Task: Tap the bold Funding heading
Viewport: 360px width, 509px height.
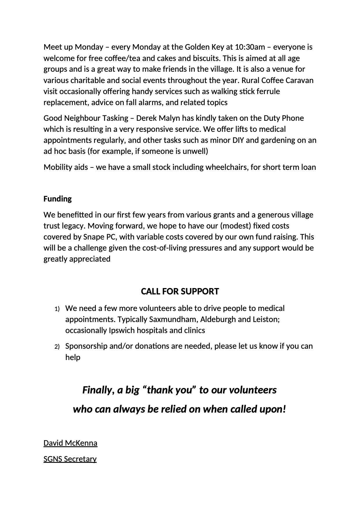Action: [57, 199]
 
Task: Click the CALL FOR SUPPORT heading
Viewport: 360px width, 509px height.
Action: [180, 291]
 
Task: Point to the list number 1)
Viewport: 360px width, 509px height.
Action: [57, 309]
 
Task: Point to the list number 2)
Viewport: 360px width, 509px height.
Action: [57, 347]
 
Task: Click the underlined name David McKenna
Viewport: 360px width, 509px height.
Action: [70, 443]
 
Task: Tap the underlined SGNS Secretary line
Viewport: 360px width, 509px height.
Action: [70, 459]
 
